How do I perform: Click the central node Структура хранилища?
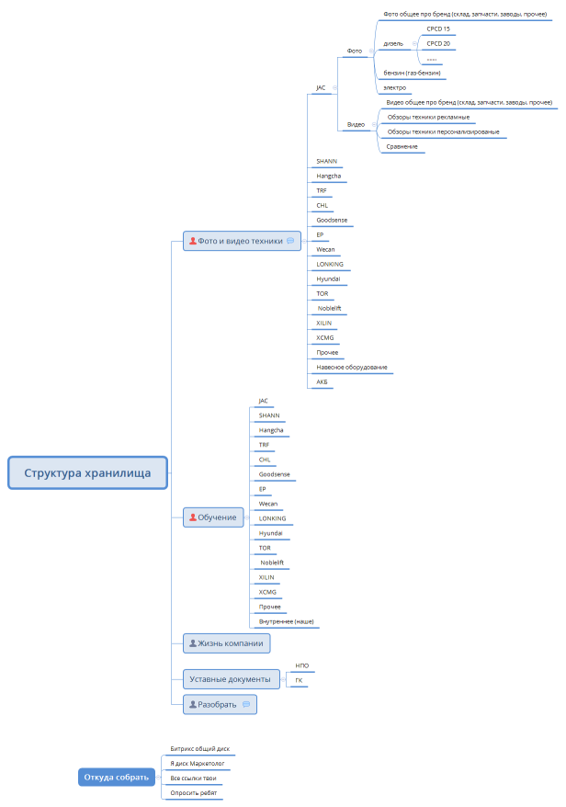[x=87, y=472]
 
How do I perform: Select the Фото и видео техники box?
[x=242, y=241]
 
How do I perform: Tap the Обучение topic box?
[x=213, y=517]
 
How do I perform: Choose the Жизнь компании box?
[x=226, y=643]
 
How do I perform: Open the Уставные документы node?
[x=231, y=679]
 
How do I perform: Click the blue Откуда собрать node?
[x=117, y=778]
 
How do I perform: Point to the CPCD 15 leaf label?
[x=438, y=28]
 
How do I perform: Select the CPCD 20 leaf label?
[x=438, y=44]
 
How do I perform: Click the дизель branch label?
[x=393, y=44]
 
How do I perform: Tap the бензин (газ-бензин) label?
[x=412, y=74]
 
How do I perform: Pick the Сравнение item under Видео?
[x=402, y=147]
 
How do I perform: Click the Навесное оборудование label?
[x=351, y=367]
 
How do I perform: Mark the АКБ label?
[x=322, y=381]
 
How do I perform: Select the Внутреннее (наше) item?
[x=286, y=621]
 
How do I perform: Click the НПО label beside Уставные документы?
[x=302, y=665]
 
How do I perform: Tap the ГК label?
[x=299, y=680]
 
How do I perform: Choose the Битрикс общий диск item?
[x=199, y=749]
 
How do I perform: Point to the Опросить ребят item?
[x=194, y=793]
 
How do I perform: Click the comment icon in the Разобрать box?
[x=246, y=705]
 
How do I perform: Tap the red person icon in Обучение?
[x=192, y=517]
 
